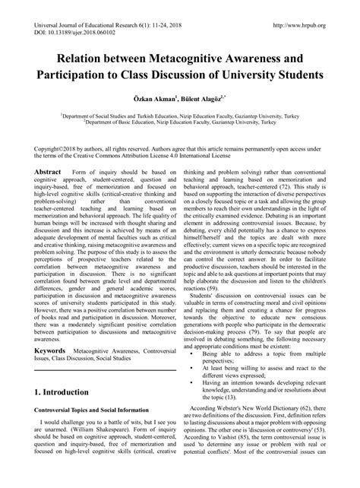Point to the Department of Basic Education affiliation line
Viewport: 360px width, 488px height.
click(x=179, y=122)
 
